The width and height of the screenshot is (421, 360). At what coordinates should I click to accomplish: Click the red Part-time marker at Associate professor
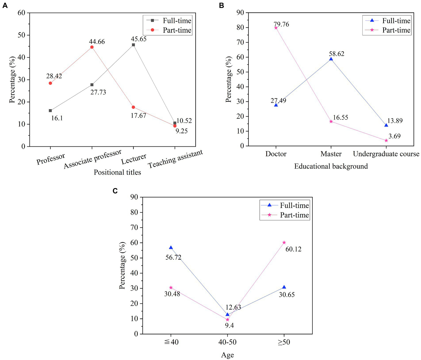(x=92, y=47)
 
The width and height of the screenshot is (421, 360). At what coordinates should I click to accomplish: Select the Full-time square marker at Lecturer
(x=133, y=45)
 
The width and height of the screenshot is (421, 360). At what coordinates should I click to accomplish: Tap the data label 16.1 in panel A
(x=57, y=118)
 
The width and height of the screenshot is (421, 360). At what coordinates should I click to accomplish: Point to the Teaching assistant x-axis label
(x=175, y=159)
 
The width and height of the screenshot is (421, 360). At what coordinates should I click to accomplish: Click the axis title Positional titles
(x=117, y=172)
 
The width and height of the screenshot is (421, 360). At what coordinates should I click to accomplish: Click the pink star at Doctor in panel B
(x=276, y=28)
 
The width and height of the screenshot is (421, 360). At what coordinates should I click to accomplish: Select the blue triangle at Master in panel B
(x=331, y=59)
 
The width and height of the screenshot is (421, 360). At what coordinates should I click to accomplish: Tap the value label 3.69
(x=394, y=136)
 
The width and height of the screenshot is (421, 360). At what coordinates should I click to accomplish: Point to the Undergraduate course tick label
(x=386, y=154)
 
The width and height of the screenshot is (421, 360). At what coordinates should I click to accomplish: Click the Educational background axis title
(x=331, y=166)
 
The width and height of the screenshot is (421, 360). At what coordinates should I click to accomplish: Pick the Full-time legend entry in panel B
(x=387, y=21)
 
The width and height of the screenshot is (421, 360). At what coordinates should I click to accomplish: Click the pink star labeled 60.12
(x=284, y=242)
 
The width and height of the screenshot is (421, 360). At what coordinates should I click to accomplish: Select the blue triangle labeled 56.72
(x=171, y=248)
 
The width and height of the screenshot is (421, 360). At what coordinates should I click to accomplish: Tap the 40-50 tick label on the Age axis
(x=227, y=342)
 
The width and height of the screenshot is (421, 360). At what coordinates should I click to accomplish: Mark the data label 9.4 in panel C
(x=229, y=325)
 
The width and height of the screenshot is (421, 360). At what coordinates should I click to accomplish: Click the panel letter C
(x=115, y=191)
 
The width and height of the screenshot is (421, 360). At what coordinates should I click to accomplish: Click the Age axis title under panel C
(x=227, y=355)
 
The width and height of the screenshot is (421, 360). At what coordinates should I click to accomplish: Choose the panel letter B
(x=222, y=5)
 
